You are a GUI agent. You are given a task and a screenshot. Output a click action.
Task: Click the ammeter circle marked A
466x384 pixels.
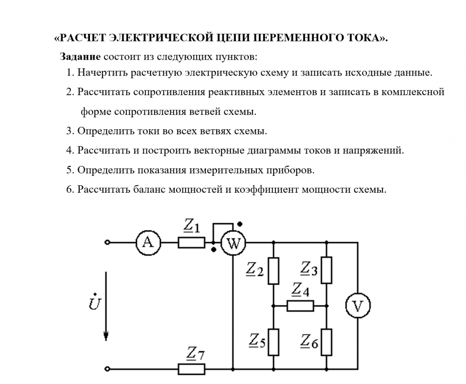(x=148, y=242)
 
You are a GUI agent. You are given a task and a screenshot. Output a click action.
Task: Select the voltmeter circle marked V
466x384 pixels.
(x=357, y=306)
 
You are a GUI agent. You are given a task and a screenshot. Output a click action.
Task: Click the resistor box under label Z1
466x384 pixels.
(x=191, y=243)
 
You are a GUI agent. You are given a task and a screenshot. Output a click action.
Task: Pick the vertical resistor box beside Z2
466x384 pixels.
(x=273, y=270)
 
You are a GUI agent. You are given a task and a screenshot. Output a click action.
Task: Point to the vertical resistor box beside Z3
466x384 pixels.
(x=327, y=270)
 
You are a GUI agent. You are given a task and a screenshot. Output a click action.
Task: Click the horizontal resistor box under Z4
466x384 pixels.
(x=300, y=306)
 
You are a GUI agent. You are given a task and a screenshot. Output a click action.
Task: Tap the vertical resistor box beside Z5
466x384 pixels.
(x=273, y=342)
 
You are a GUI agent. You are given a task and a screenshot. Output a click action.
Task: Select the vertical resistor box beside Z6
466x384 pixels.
(x=327, y=342)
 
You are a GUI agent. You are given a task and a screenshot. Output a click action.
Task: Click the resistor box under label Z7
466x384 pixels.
(x=192, y=369)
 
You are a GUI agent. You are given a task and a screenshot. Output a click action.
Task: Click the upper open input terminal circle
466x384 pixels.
(x=108, y=243)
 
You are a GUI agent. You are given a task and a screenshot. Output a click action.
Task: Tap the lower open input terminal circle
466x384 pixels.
(x=108, y=369)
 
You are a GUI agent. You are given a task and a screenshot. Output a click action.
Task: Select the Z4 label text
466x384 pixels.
(x=300, y=291)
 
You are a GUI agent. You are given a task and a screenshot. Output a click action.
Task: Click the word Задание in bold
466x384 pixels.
(x=80, y=57)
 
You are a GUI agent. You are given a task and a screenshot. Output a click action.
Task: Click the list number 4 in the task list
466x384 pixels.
(x=69, y=151)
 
